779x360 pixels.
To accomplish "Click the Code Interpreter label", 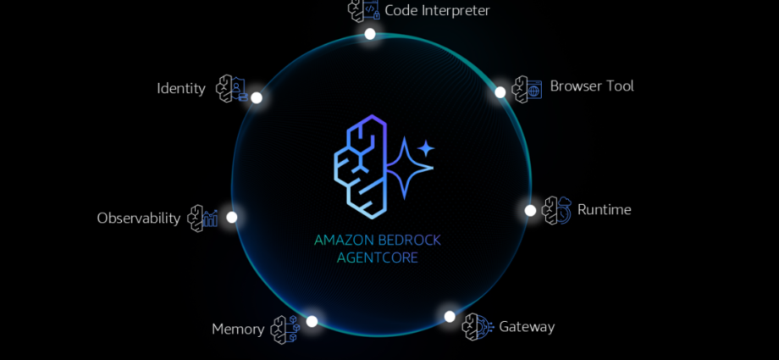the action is pyautogui.click(x=437, y=10).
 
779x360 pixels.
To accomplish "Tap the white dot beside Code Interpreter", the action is pyautogui.click(x=370, y=34).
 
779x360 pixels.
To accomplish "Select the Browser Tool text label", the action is pyautogui.click(x=592, y=86).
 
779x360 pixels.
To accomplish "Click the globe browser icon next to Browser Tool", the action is pyautogui.click(x=527, y=90).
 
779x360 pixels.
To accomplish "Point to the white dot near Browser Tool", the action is pyautogui.click(x=500, y=92).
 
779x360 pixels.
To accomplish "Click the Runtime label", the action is pyautogui.click(x=604, y=209).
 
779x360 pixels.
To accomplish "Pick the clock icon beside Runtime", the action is pyautogui.click(x=556, y=210).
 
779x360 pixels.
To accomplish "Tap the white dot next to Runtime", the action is pyautogui.click(x=530, y=210).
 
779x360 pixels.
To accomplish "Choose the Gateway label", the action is pyautogui.click(x=527, y=327).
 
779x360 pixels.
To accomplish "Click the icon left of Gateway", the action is pyautogui.click(x=477, y=327).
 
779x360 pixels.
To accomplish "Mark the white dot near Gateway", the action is pyautogui.click(x=450, y=316).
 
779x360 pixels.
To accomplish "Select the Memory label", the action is pyautogui.click(x=238, y=330).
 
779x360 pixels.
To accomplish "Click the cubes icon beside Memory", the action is pyautogui.click(x=285, y=330).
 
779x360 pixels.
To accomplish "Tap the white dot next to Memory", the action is pyautogui.click(x=312, y=321).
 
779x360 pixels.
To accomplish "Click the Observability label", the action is pyautogui.click(x=139, y=219).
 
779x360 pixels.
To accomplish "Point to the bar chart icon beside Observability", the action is pyautogui.click(x=202, y=219).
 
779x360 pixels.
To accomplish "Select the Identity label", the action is pyautogui.click(x=181, y=88).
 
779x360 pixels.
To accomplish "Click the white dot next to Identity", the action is pyautogui.click(x=257, y=97).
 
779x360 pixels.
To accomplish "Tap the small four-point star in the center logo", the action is pyautogui.click(x=426, y=148).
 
